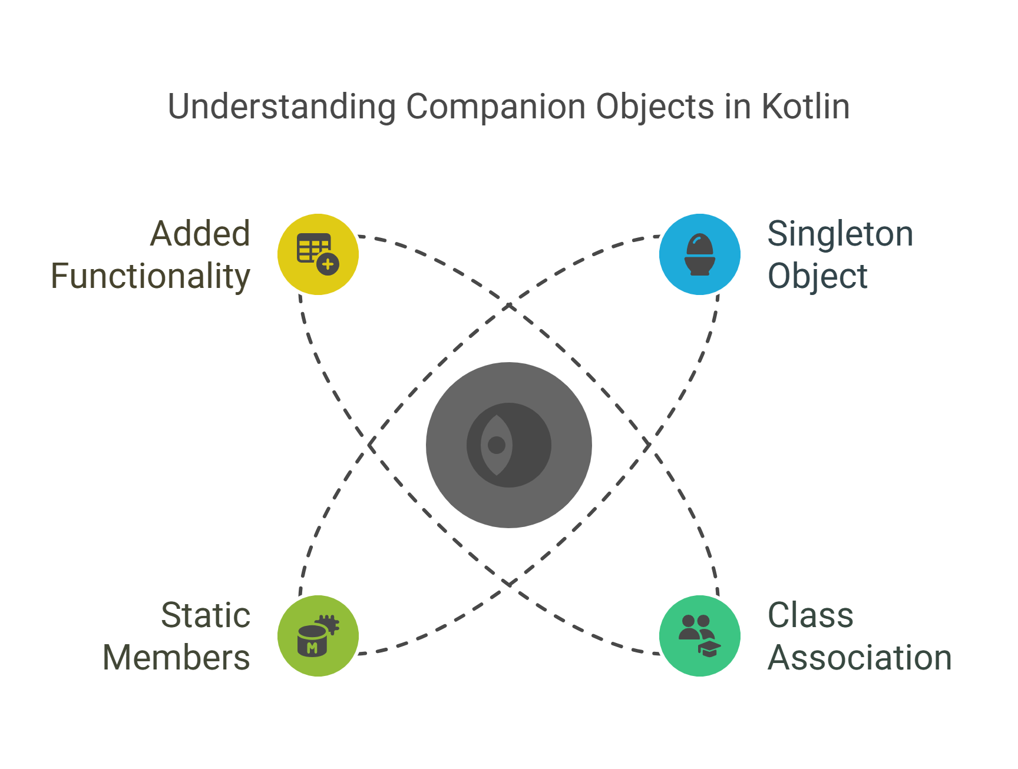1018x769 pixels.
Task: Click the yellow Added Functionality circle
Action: [x=318, y=254]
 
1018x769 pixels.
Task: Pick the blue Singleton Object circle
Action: [x=700, y=254]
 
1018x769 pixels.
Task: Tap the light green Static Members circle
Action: [x=318, y=635]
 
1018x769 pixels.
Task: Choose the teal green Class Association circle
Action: [x=700, y=635]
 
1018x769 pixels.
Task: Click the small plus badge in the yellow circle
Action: [x=328, y=264]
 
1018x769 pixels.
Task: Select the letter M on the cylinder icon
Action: [x=312, y=648]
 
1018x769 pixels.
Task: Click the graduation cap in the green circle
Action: [x=709, y=648]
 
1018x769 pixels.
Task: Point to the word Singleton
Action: [x=840, y=234]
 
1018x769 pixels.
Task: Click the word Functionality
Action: [x=151, y=276]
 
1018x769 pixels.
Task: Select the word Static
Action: [x=206, y=615]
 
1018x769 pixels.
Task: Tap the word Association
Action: [x=860, y=658]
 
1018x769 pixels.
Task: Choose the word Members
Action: [x=176, y=658]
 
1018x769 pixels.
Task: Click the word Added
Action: [x=200, y=234]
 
